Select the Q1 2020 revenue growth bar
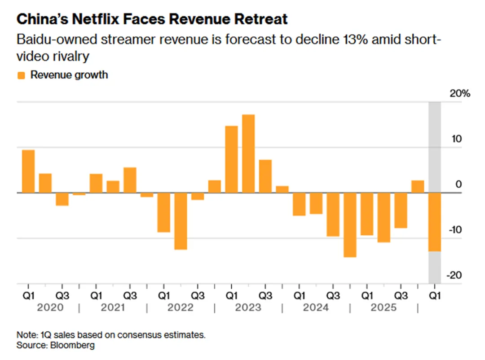point(28,171)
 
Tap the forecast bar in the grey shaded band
point(435,222)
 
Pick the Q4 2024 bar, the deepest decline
point(350,225)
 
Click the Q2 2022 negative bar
point(181,221)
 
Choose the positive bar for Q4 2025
point(418,187)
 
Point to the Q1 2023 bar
point(231,159)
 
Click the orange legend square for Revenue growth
point(21,75)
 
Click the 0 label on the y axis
point(459,184)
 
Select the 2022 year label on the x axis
point(181,308)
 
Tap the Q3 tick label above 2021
point(130,296)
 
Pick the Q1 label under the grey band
point(435,296)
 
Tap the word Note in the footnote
point(26,335)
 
